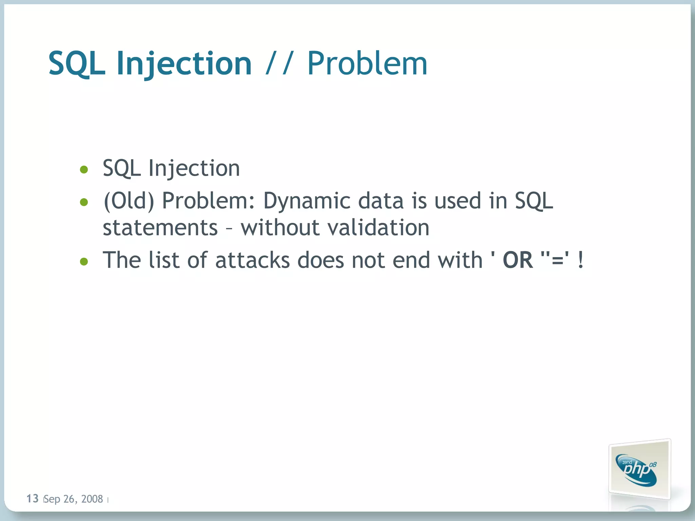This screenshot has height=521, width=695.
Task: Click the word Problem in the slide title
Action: pos(367,63)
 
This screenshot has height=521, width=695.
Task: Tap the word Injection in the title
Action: pos(184,63)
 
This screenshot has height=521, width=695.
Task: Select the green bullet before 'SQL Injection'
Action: pos(84,169)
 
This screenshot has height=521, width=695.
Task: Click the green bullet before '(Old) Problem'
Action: pos(84,202)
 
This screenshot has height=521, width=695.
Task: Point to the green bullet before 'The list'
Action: pos(84,262)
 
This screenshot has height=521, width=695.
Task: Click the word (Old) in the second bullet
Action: pos(129,201)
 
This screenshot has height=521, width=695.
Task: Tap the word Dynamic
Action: pos(306,201)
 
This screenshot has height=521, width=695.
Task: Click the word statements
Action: pos(160,227)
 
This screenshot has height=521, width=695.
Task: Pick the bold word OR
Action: pos(518,260)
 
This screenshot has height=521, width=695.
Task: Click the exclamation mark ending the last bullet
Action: pos(581,260)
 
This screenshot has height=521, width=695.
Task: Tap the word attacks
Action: pos(252,260)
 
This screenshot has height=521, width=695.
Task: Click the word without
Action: pos(280,227)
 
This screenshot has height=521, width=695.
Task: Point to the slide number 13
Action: pos(33,498)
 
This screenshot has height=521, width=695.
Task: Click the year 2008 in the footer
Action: pos(92,499)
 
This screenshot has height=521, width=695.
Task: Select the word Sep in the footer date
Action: pos(52,499)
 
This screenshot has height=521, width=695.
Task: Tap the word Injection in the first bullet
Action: pos(194,168)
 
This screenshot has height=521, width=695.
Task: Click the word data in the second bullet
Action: pos(381,201)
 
